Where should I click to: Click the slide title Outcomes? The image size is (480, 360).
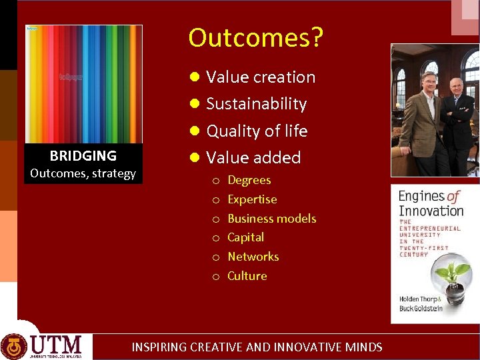[255, 38]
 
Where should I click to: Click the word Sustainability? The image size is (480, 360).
[256, 104]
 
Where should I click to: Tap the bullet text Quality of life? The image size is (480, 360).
[257, 131]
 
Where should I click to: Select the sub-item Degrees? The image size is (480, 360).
[249, 180]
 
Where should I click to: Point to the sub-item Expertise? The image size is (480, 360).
[252, 199]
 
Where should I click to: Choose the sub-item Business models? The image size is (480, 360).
[271, 219]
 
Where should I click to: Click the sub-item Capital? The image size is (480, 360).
[245, 237]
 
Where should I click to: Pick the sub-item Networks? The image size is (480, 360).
[253, 257]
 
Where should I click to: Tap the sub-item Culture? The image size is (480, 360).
[247, 276]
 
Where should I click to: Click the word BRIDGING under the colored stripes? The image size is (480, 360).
[83, 156]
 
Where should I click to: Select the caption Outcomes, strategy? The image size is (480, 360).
[83, 174]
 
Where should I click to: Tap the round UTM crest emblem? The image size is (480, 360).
[14, 346]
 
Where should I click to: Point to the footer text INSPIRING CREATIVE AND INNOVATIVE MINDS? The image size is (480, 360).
[257, 347]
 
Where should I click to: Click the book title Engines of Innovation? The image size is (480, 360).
[430, 203]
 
